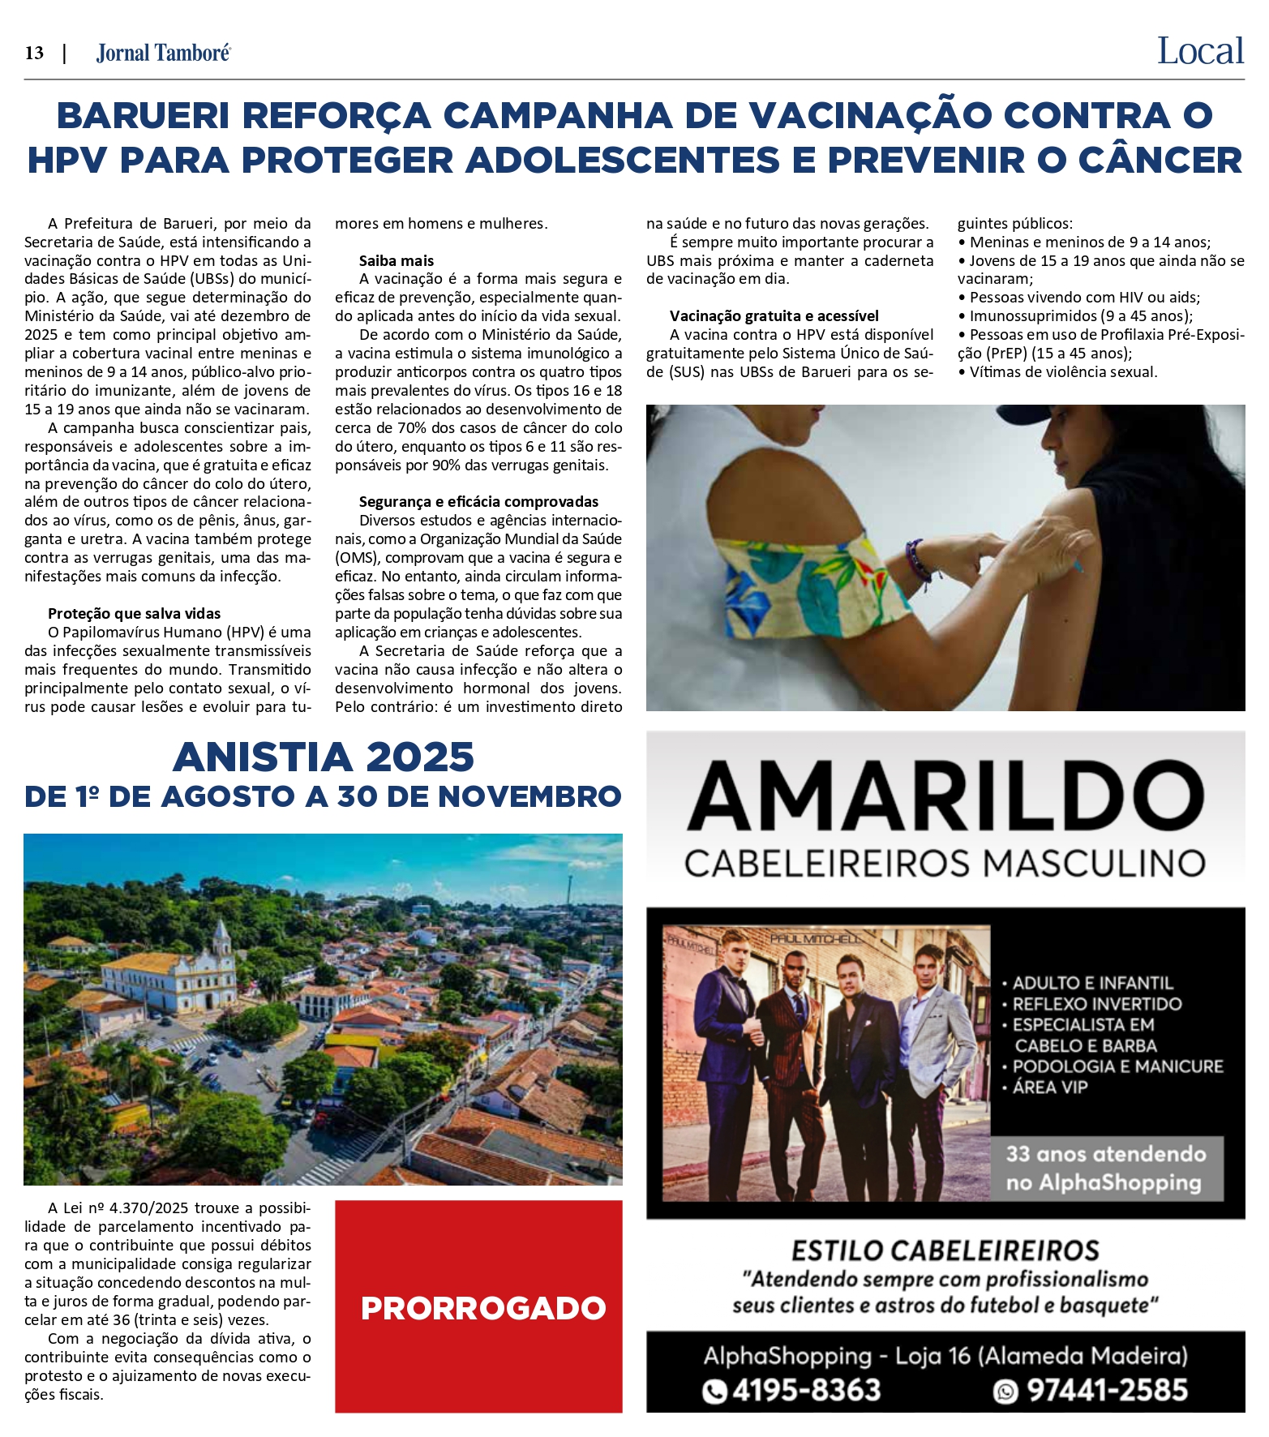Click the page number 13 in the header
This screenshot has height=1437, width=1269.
pos(34,54)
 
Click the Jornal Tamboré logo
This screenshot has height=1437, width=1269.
pos(163,54)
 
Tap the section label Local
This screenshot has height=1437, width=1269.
pos(1199,52)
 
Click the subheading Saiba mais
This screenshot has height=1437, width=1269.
pos(397,261)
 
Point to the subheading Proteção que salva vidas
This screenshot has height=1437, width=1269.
pos(134,614)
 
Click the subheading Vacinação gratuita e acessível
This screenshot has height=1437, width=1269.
pos(774,316)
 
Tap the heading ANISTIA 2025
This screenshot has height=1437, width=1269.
pos(323,757)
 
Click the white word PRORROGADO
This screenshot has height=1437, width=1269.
pos(483,1308)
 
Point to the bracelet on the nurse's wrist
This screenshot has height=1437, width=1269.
pos(917,559)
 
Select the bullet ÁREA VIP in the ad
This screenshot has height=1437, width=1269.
pos(1049,1087)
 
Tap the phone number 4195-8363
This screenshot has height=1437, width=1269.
pos(806,1390)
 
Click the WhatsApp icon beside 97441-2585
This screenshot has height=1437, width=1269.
pos(1005,1391)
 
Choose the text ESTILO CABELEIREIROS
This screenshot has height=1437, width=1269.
pos(945,1250)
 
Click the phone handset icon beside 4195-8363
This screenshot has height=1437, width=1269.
pos(714,1391)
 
